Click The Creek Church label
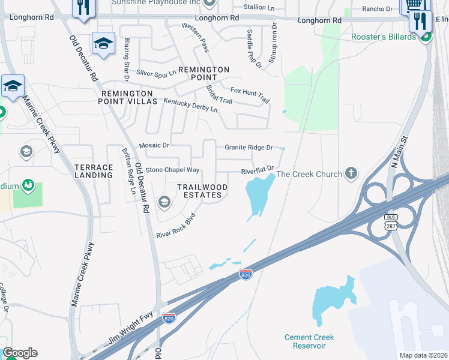click(309, 175)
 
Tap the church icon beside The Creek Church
click(351, 175)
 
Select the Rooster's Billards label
click(384, 37)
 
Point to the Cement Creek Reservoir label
click(309, 341)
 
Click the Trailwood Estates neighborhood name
click(202, 191)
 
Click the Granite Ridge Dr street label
click(249, 147)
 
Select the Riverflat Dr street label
click(258, 170)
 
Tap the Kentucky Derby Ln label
click(191, 106)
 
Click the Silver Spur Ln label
click(156, 73)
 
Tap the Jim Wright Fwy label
click(131, 329)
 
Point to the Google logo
click(19, 353)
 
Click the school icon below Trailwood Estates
click(163, 203)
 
